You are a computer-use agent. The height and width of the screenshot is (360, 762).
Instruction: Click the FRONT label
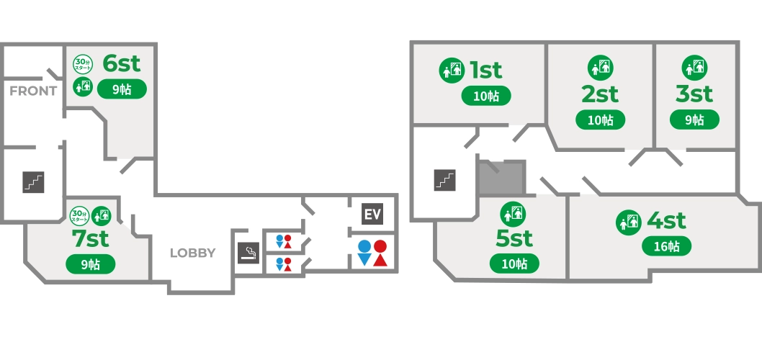33,91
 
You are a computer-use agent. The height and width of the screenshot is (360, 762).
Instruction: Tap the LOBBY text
192,253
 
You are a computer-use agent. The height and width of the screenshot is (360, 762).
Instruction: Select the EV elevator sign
372,215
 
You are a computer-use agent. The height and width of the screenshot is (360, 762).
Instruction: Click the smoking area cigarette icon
248,253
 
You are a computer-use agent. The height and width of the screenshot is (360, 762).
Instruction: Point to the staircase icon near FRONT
33,181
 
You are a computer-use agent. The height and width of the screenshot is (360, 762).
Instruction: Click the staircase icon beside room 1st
444,179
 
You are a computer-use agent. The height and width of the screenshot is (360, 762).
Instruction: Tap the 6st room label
121,63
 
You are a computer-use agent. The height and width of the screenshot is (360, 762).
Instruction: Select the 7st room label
90,238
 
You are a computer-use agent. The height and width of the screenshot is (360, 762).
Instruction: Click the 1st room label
486,71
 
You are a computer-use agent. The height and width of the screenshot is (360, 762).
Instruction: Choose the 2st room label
600,94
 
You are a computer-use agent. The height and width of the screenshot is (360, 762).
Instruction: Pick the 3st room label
694,94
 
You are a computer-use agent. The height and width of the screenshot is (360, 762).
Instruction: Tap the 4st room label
666,220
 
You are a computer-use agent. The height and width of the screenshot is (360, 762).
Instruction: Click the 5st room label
514,238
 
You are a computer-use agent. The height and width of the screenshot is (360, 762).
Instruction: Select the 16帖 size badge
666,246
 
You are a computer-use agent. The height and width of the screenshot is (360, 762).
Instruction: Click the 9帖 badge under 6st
121,89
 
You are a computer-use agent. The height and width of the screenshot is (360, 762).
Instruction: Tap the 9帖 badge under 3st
694,120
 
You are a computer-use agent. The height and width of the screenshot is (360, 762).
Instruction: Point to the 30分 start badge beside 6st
82,65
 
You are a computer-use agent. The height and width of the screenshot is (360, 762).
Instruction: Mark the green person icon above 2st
600,67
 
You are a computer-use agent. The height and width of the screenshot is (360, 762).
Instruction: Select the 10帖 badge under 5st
514,264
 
